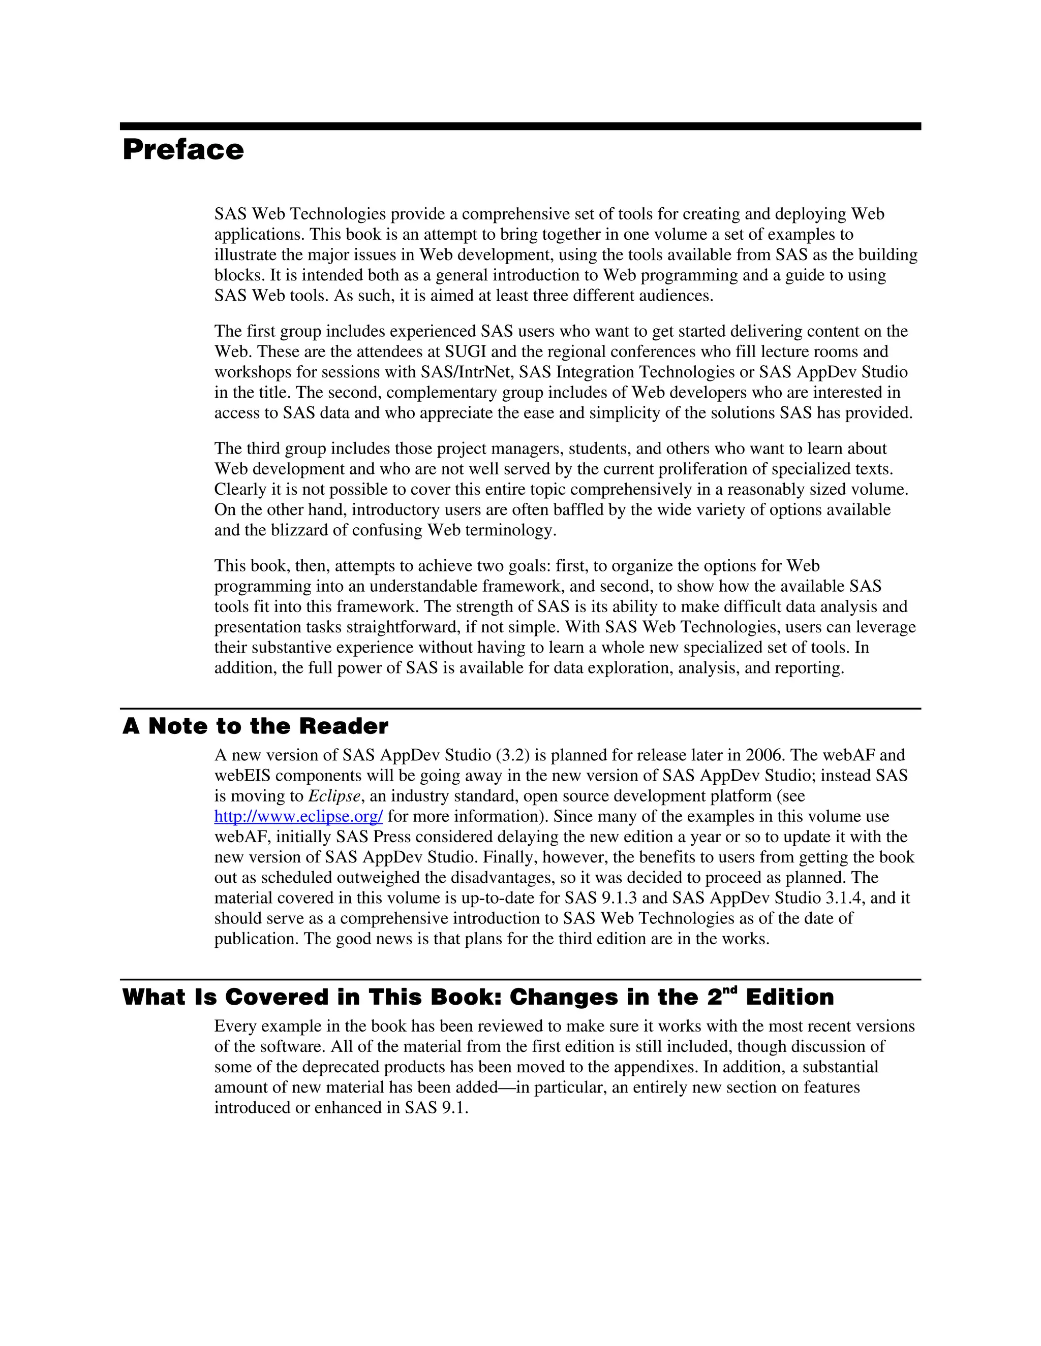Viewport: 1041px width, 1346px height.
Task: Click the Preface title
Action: click(x=183, y=150)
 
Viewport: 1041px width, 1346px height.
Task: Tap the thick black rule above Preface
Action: click(x=520, y=126)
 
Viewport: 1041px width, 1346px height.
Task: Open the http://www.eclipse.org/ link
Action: click(x=298, y=817)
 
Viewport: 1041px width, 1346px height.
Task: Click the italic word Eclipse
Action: click(x=333, y=796)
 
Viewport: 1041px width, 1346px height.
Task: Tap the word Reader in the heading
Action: click(x=344, y=727)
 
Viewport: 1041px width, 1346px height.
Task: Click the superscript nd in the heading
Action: click(x=730, y=990)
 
